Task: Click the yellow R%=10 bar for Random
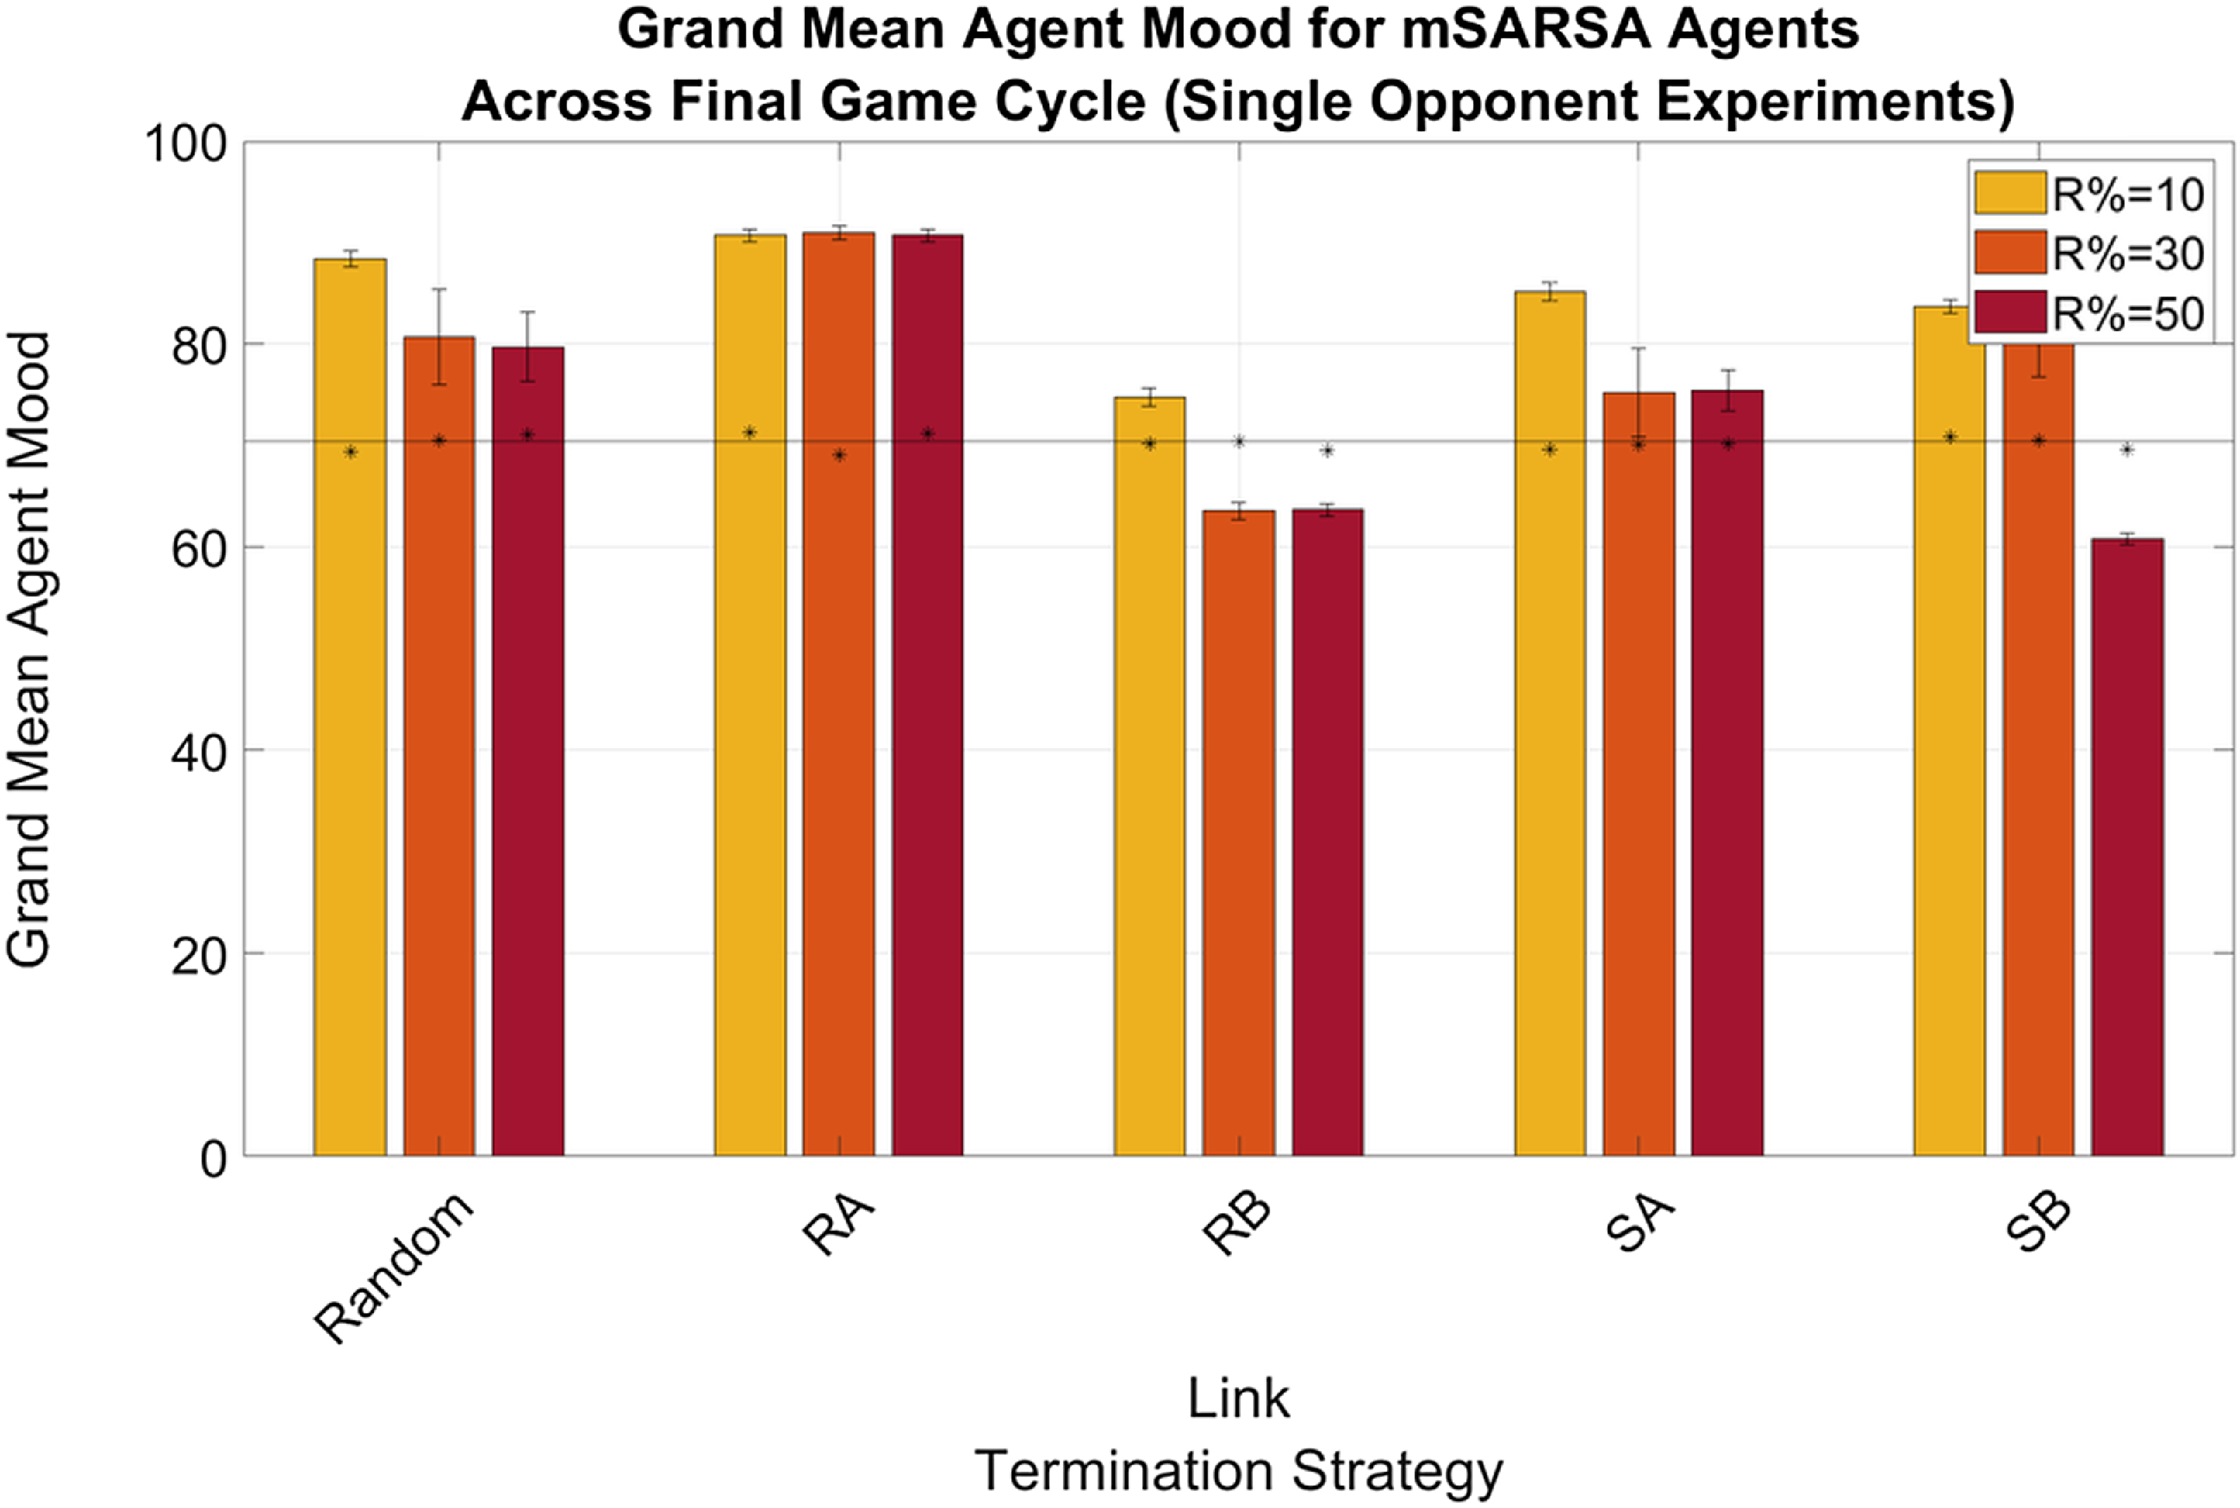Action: coord(349,707)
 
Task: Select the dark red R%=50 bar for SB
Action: coord(2126,846)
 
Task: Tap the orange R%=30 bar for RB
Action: coord(1238,833)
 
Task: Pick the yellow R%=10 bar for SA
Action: coord(1549,723)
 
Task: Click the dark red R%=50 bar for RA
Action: coord(927,694)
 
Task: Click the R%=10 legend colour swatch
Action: coord(2009,193)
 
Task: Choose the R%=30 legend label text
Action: coord(2128,254)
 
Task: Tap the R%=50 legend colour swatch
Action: coord(2009,314)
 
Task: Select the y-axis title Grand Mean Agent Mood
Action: coord(29,649)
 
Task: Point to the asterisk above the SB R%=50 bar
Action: coord(2126,450)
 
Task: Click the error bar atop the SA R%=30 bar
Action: coord(1638,370)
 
